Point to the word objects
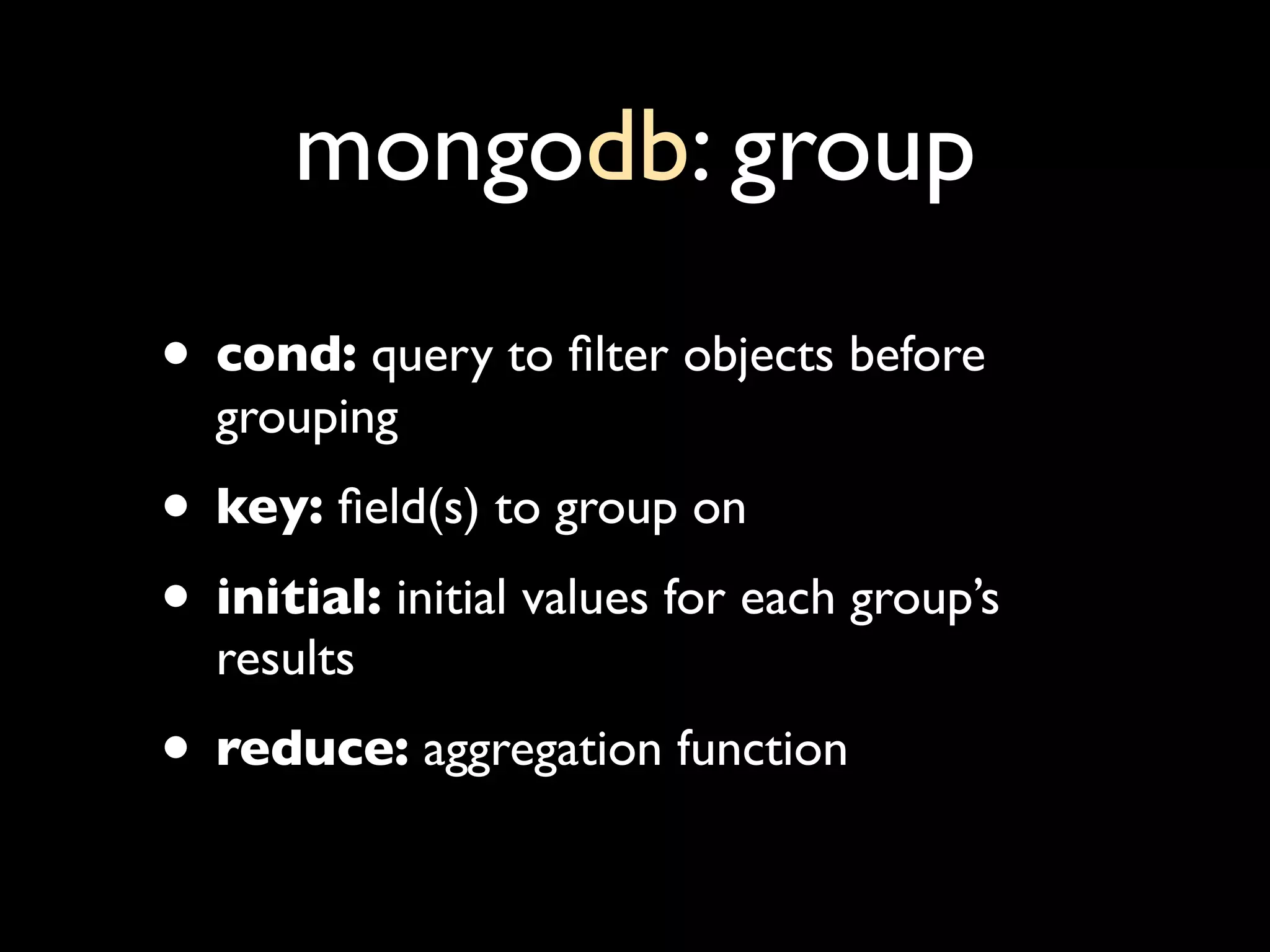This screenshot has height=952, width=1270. coord(758,359)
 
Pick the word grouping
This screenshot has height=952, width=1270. coord(306,421)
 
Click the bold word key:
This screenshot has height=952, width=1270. coord(269,509)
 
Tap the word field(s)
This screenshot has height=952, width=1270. coord(408,509)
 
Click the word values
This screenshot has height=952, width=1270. coord(584,599)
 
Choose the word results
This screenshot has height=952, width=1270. coord(285,659)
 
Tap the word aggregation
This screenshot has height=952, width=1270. coord(542,752)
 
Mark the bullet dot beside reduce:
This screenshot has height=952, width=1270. coord(175,748)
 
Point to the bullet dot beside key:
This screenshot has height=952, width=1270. coord(175,506)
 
